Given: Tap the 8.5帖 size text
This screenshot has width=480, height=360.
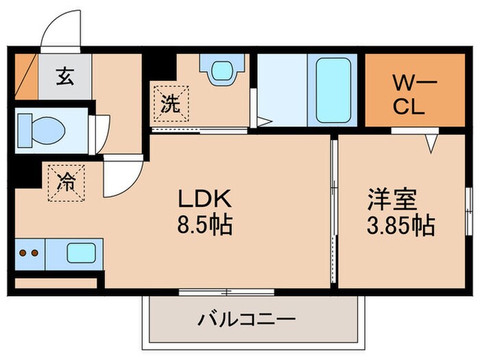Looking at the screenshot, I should coord(206,224).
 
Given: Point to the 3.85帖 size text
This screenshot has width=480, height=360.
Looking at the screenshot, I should coord(401,224).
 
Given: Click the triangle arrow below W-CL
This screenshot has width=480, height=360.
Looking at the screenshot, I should coord(430,142).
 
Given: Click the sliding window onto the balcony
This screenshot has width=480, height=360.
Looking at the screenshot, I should coord(226,291).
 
